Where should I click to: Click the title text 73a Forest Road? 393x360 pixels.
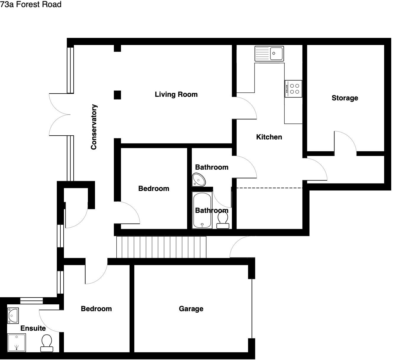tap(31, 4)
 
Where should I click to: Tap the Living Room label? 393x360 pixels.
tap(176, 94)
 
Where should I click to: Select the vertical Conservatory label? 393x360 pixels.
tap(94, 127)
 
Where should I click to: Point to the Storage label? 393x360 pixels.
tap(345, 98)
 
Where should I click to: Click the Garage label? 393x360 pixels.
tap(191, 309)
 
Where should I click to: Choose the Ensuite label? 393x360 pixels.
tap(33, 328)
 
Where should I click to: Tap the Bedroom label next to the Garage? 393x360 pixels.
tap(96, 309)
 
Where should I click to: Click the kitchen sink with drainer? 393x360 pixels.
tap(269, 54)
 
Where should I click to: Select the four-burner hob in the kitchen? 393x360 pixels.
tap(293, 89)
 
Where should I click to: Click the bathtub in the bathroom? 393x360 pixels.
tap(202, 210)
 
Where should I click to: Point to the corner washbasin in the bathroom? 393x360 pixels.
tap(199, 180)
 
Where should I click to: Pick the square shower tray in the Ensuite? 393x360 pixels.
tap(17, 343)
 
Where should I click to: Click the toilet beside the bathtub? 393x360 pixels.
tap(223, 221)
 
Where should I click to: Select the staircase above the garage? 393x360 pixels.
tap(161, 247)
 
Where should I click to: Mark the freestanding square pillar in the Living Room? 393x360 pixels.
tap(117, 95)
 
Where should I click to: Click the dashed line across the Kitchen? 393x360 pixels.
tap(269, 188)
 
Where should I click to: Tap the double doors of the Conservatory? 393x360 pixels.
tap(59, 114)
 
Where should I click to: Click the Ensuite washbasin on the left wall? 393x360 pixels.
tap(13, 316)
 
